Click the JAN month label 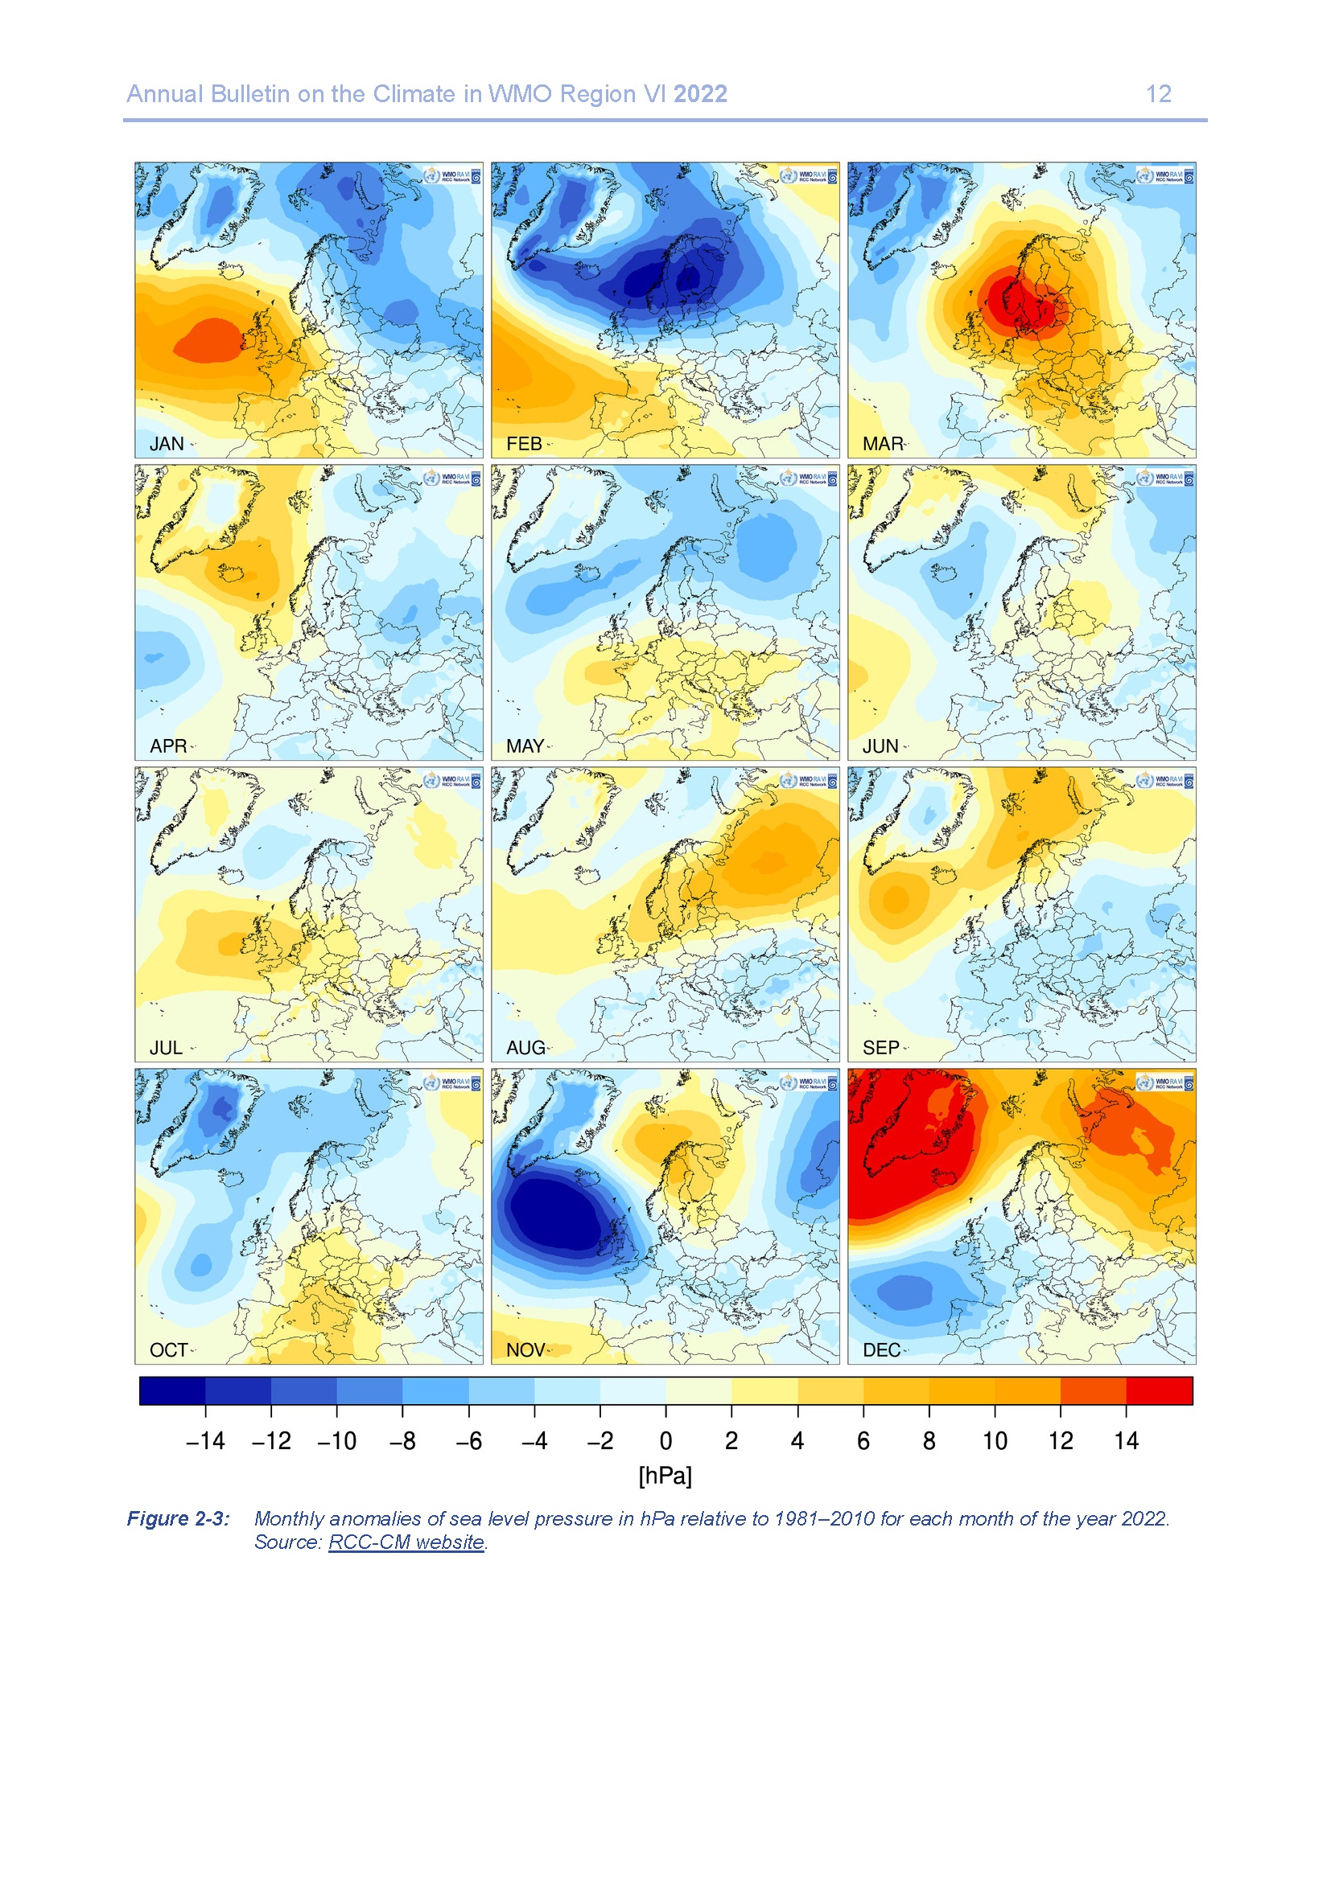(x=167, y=443)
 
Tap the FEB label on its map (x=524, y=443)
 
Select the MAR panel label (x=882, y=443)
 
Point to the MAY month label (x=525, y=745)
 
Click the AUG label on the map (x=525, y=1047)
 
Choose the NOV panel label (x=525, y=1349)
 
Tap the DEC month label (x=881, y=1349)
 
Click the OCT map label (x=168, y=1349)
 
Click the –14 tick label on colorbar (x=205, y=1441)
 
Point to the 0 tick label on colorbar (x=665, y=1441)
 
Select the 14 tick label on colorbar (x=1126, y=1441)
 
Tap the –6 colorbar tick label (x=468, y=1441)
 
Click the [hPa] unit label (x=665, y=1476)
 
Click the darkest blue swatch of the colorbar (x=172, y=1390)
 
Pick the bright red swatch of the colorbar (x=1159, y=1390)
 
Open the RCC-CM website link (x=406, y=1542)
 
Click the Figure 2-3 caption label (x=178, y=1518)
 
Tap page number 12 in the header (x=1158, y=94)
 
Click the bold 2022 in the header (x=700, y=94)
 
